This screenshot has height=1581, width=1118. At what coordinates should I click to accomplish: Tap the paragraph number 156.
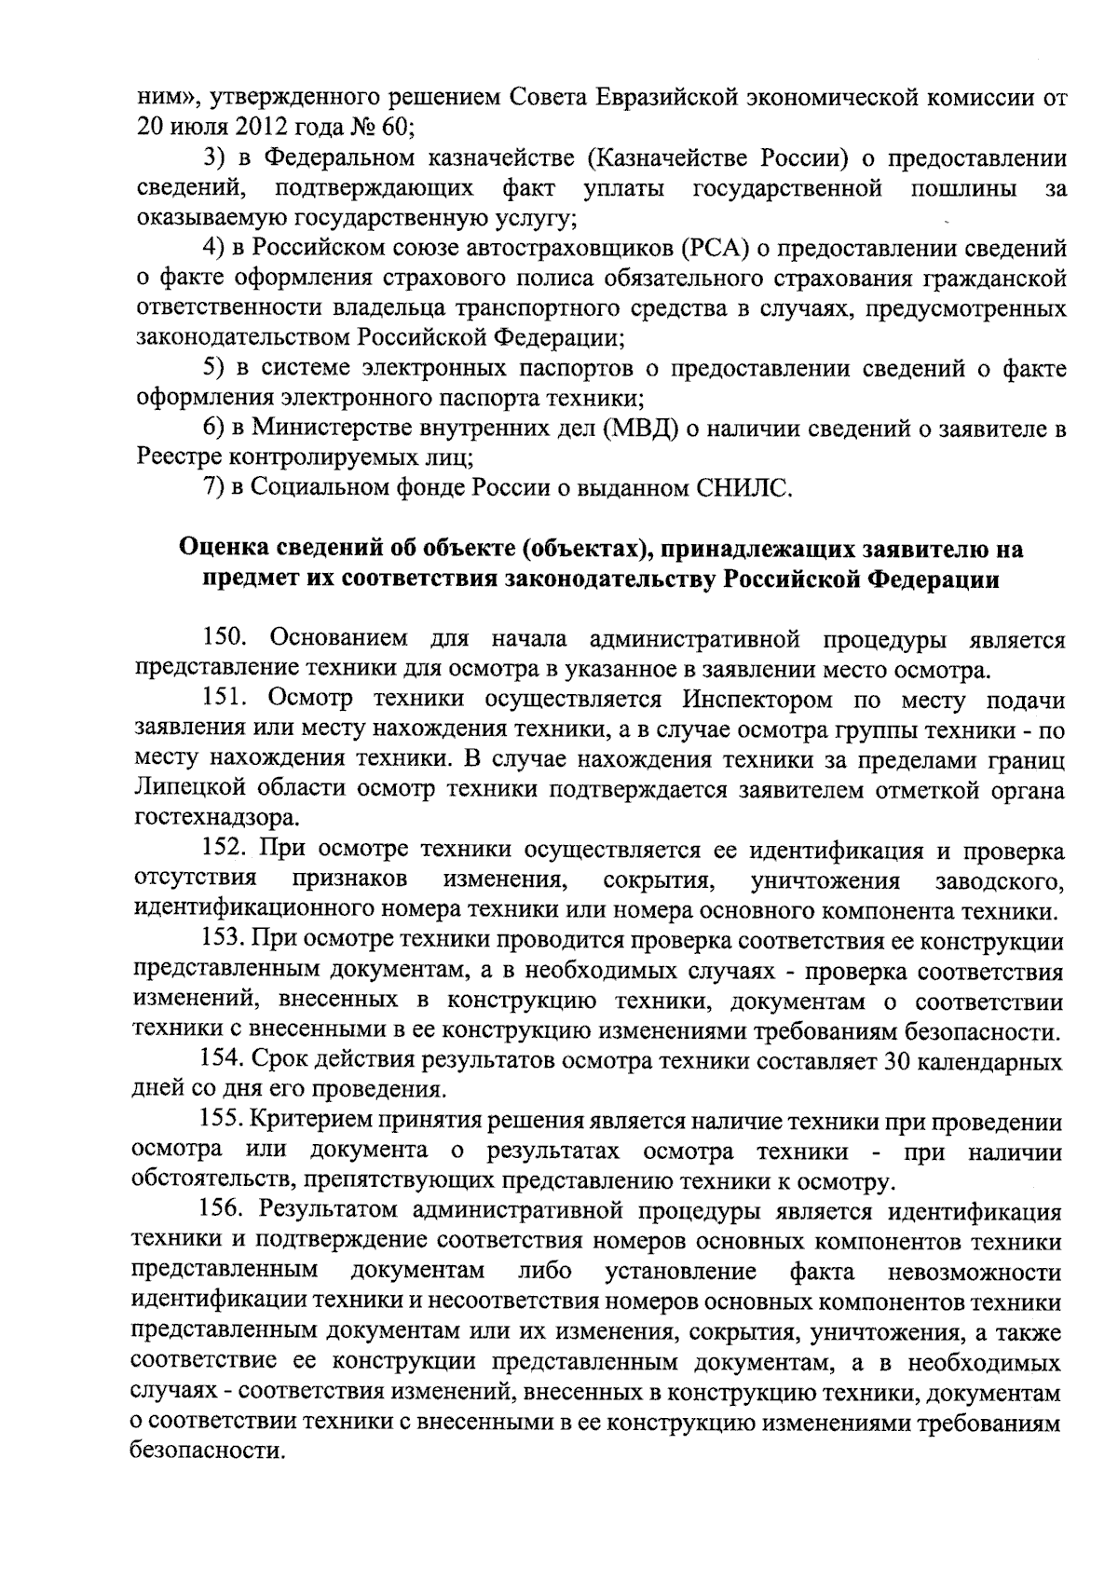[225, 1212]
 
